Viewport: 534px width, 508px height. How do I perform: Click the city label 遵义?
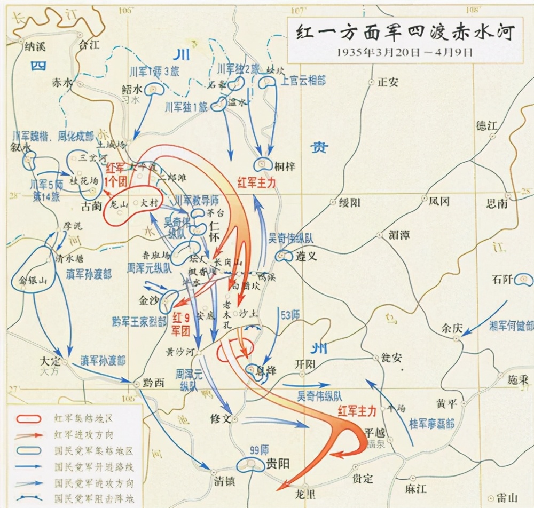pos(306,256)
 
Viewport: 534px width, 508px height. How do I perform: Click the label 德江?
pos(486,126)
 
